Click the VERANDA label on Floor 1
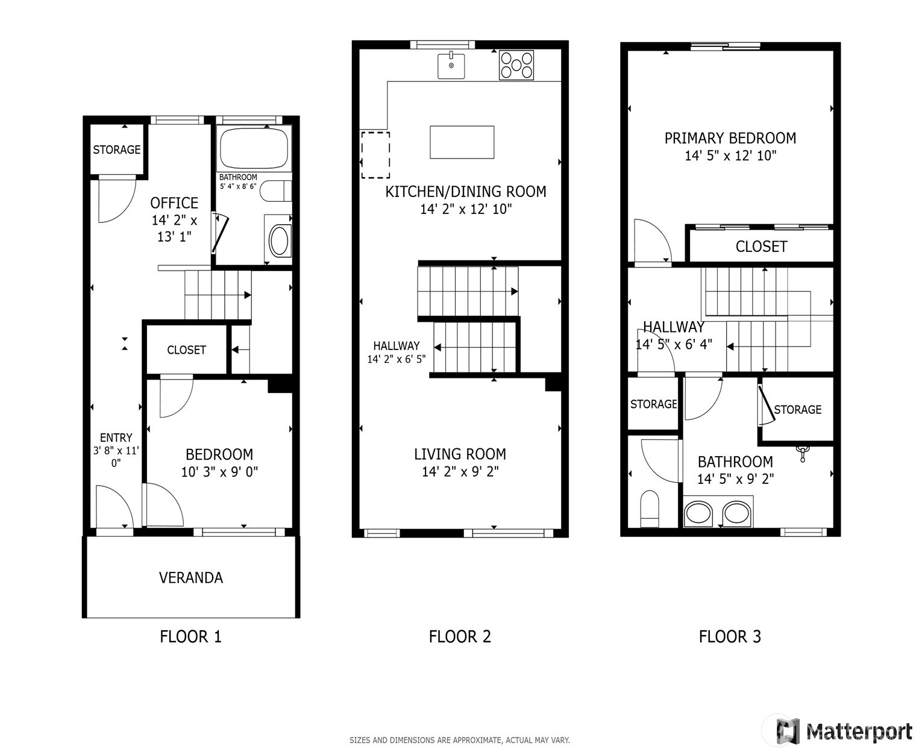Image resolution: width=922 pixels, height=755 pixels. [x=190, y=577]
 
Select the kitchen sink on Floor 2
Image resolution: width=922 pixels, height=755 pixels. [x=451, y=66]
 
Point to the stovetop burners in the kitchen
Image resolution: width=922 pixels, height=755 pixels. [x=516, y=65]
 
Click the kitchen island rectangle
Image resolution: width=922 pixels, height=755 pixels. [x=462, y=142]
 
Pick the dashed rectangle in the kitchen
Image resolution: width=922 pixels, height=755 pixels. [x=375, y=155]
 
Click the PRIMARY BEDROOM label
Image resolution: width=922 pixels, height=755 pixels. [x=730, y=138]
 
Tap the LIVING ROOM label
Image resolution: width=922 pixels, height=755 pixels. [x=460, y=454]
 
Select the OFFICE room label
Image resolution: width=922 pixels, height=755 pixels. [x=174, y=203]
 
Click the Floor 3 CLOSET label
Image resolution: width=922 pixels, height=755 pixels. [x=761, y=246]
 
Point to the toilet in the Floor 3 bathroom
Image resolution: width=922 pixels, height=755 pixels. [x=649, y=509]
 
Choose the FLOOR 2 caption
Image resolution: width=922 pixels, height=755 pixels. [x=460, y=636]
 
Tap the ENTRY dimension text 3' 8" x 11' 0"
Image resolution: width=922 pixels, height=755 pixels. [x=116, y=456]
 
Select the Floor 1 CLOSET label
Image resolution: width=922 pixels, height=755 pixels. [x=186, y=349]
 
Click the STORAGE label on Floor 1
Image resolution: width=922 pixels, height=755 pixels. [x=117, y=149]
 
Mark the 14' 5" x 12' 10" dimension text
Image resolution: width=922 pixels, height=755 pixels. [x=730, y=155]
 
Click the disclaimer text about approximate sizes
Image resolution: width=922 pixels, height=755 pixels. [x=459, y=740]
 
